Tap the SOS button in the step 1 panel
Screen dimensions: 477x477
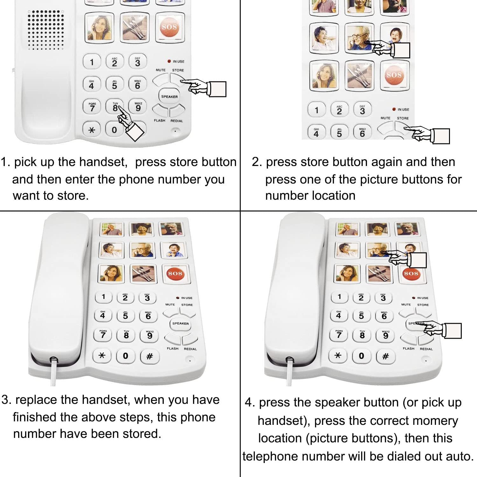(x=169, y=27)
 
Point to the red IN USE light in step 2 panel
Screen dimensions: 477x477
(x=394, y=109)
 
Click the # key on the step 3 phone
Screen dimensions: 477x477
(x=149, y=356)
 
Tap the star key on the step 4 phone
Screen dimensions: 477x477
(x=338, y=356)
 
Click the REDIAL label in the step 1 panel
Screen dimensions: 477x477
(x=176, y=121)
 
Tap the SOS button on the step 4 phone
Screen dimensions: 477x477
(x=411, y=273)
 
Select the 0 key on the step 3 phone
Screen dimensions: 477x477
(x=126, y=356)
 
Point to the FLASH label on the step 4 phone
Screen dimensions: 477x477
(x=409, y=349)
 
